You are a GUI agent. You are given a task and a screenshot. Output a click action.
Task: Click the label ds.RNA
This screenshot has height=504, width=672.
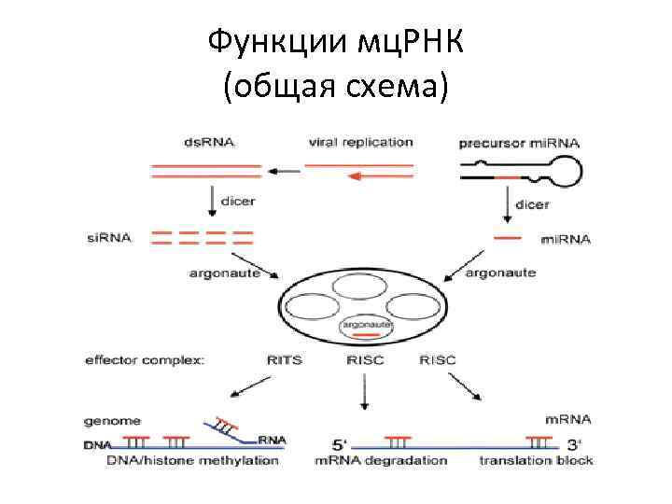coord(210,143)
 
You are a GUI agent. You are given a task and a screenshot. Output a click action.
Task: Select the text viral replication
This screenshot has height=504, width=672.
coord(359,143)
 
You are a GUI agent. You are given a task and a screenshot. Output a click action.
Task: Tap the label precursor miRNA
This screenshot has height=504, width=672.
coord(519,144)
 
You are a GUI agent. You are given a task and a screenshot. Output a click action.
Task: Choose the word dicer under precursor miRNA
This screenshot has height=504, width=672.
coord(531,203)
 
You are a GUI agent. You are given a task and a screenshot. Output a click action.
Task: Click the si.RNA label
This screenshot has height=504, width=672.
coord(111,238)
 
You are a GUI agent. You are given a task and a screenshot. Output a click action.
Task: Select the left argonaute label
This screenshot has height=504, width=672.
coord(221,273)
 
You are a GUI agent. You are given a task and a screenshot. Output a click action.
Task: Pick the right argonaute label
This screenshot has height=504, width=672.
coord(500,273)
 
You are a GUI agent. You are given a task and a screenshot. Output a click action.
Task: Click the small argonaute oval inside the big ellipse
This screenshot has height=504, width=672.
coord(364,327)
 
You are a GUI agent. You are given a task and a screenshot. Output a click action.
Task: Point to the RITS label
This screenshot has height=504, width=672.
coord(284,358)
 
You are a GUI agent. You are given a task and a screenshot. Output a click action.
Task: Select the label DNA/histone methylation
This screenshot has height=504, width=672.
coord(193,460)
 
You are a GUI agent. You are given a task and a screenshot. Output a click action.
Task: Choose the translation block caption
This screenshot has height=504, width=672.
coord(536,460)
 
